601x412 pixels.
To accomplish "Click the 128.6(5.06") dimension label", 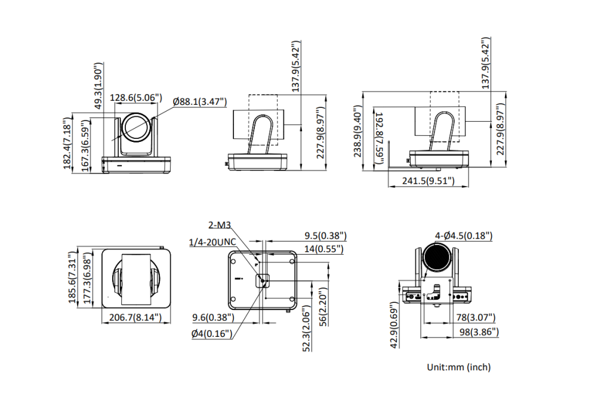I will pos(136,98).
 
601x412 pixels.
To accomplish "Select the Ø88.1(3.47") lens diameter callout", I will pos(201,102).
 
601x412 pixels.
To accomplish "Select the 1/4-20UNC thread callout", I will pos(212,241).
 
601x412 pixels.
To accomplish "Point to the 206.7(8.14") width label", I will pos(137,317).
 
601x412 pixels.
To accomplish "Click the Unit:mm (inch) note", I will pos(459,367).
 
